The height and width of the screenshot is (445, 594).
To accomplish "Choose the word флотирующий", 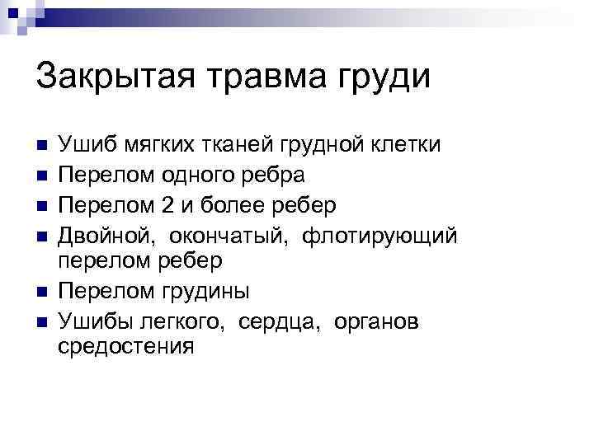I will coord(379,235).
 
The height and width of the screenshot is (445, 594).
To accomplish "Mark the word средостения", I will coord(126,346).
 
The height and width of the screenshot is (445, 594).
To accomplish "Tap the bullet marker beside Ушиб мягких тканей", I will coord(43,145).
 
